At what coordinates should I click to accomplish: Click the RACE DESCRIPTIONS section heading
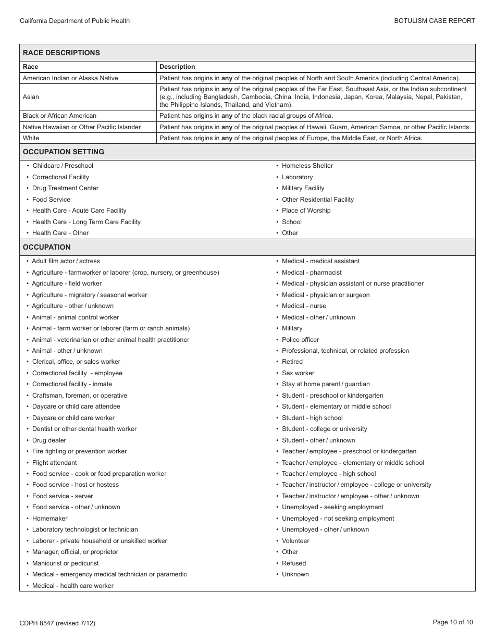[61, 53]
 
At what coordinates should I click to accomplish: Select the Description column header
[177, 67]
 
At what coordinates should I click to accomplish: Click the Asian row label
[31, 97]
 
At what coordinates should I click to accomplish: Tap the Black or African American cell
[59, 116]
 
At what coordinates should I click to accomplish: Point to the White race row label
[31, 138]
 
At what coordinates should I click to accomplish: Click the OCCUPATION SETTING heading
[64, 152]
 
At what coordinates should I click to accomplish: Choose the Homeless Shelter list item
[307, 166]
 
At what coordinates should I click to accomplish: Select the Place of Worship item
[306, 211]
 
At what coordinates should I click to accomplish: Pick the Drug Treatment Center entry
[65, 188]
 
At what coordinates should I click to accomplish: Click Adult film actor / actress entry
[66, 261]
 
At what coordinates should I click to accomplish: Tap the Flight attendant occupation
[54, 463]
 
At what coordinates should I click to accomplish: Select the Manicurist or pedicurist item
[65, 563]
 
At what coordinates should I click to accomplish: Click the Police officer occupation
[300, 340]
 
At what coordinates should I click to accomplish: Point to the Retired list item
[292, 362]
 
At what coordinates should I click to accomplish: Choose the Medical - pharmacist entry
[312, 273]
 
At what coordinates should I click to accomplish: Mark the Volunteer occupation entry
[295, 541]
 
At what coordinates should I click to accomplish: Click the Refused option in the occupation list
[294, 563]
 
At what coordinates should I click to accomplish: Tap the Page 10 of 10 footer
[453, 622]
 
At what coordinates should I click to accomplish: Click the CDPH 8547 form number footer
[57, 623]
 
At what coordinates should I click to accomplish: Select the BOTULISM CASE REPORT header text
[435, 21]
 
